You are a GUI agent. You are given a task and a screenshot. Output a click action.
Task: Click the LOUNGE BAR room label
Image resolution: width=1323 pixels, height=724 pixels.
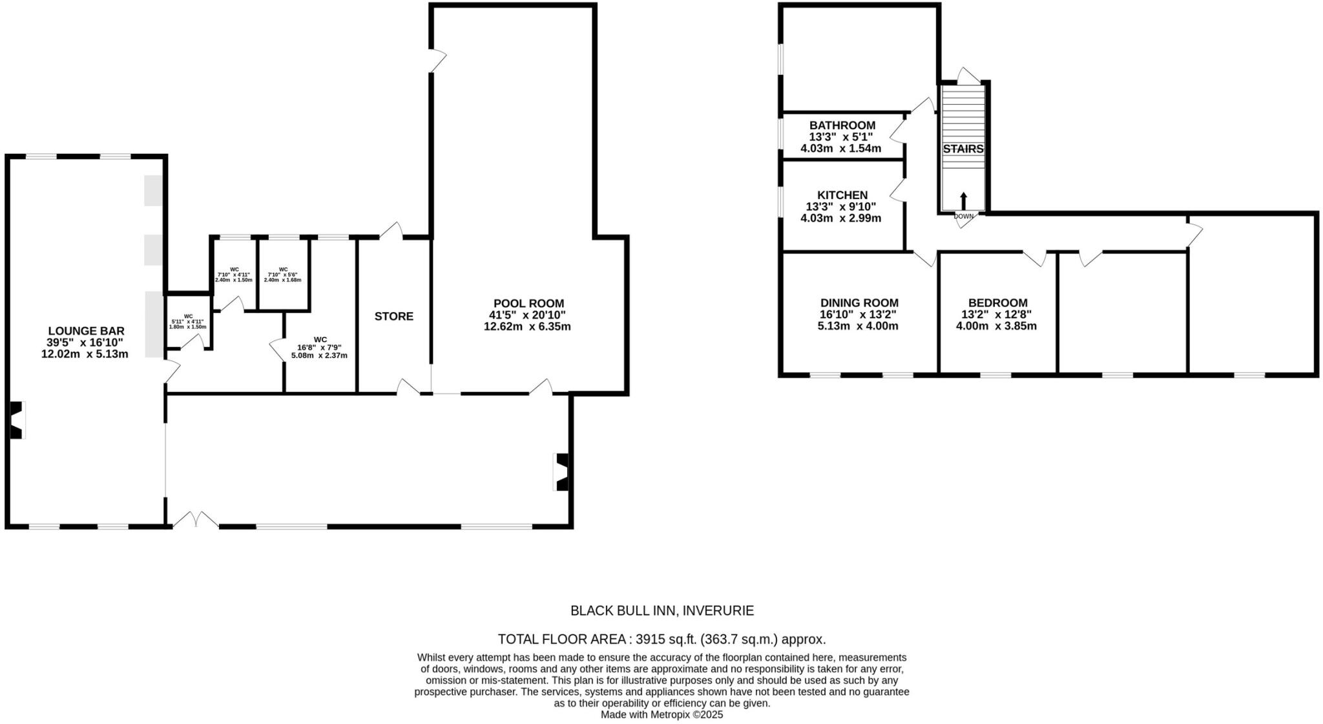[85, 331]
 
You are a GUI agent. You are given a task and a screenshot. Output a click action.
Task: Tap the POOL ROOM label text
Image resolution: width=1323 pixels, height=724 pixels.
[528, 303]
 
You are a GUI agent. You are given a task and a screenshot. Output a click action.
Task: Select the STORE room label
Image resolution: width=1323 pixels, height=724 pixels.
[394, 316]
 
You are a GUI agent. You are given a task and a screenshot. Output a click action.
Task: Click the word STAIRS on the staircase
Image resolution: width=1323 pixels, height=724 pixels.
[963, 149]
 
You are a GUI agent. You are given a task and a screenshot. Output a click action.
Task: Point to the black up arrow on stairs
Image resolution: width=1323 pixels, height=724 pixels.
[963, 199]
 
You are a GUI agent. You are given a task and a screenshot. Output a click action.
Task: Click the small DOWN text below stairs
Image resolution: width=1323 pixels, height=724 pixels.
[963, 217]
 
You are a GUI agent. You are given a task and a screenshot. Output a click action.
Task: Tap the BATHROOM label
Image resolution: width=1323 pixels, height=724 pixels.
[842, 125]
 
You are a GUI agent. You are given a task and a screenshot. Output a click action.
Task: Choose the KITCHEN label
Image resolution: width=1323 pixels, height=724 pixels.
[842, 195]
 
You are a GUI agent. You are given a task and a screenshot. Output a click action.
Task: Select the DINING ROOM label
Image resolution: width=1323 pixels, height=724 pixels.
[859, 303]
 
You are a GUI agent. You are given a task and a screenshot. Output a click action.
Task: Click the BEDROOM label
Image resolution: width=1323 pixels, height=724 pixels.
[997, 303]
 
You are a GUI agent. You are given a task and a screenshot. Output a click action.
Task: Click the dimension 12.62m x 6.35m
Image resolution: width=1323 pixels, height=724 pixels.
[527, 327]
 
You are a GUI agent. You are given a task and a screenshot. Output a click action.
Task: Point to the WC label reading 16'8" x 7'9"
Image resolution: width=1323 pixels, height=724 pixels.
[320, 347]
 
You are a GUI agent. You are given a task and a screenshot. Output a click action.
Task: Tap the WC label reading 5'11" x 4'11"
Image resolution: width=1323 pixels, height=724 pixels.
[188, 321]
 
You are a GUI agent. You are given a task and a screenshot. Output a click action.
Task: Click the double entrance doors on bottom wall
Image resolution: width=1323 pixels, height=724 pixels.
[196, 520]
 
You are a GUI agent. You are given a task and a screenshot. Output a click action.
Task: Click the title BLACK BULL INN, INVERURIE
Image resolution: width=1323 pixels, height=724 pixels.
[661, 610]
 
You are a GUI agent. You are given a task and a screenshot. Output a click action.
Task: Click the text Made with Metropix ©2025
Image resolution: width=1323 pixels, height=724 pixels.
[661, 715]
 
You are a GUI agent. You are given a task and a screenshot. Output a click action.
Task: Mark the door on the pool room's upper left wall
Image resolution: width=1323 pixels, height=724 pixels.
[439, 61]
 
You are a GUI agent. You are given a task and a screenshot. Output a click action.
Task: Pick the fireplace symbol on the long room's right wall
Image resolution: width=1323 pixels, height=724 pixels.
[561, 472]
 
